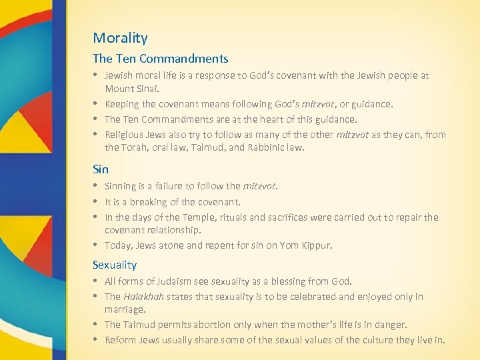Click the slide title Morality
[x=120, y=38]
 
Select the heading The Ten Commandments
[x=160, y=59]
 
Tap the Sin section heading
[x=100, y=169]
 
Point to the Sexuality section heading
[x=115, y=265]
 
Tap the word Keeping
[x=121, y=104]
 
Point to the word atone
[x=173, y=245]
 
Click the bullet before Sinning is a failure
[x=96, y=187]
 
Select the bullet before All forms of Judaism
[x=96, y=281]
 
